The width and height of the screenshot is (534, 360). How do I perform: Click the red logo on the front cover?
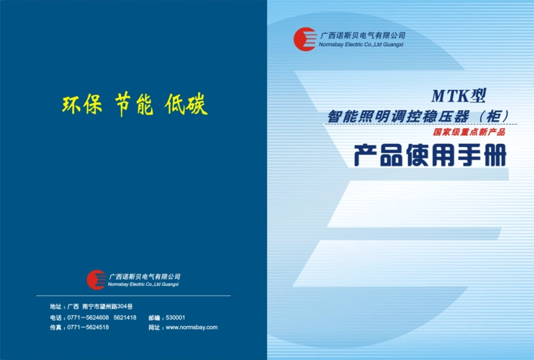[304, 38]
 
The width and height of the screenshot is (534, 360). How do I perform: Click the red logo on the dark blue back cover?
[96, 279]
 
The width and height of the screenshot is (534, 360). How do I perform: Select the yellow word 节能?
[134, 105]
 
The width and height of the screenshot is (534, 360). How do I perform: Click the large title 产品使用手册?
[430, 156]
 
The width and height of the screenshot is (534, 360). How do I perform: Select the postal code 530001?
[176, 318]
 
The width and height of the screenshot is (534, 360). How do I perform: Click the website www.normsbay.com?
[191, 328]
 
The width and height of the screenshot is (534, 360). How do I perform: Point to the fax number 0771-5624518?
[88, 328]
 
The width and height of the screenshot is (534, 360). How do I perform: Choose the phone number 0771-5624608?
[88, 318]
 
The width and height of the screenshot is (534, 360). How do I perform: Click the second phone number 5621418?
[125, 318]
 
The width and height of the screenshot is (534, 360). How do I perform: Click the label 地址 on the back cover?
[55, 307]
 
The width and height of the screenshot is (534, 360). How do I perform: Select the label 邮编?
[154, 318]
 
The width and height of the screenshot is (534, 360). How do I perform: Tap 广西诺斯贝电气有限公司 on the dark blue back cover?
[145, 276]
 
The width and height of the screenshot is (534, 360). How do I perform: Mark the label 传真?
[55, 328]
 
